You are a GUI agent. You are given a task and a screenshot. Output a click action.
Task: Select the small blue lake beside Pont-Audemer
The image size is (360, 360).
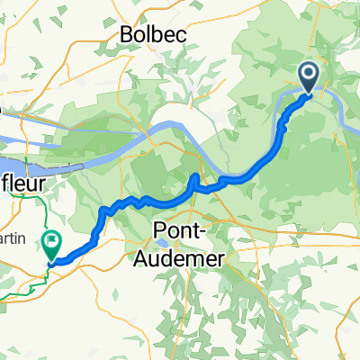162,242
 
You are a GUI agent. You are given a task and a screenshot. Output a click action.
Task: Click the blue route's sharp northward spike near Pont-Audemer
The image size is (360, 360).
195,175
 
